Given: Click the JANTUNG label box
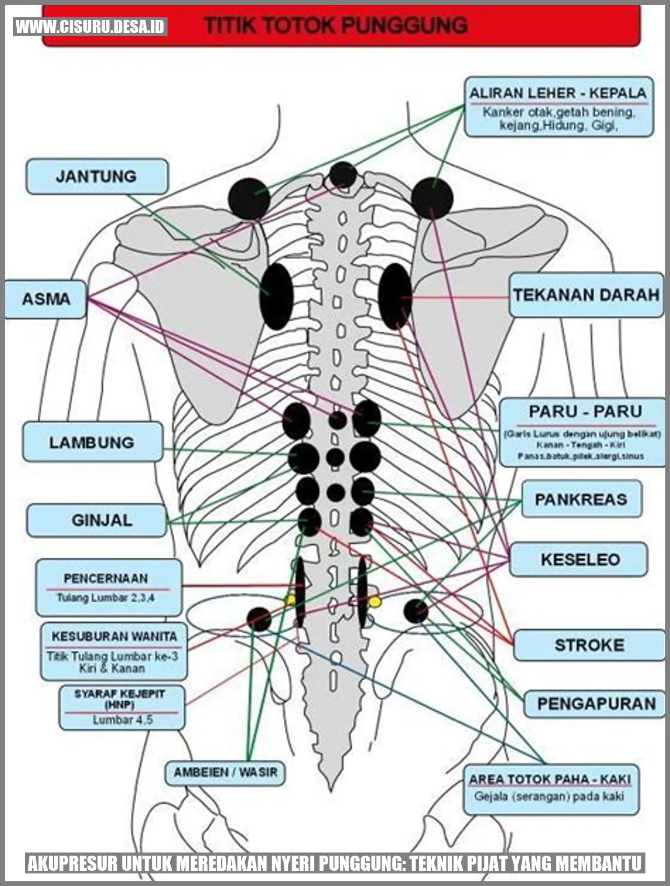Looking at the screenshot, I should coord(97,176).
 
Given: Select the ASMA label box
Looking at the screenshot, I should coord(46,299).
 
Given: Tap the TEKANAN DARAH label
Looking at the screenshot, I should coord(586,295).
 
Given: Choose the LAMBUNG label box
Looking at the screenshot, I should coord(92,442).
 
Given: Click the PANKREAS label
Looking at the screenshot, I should coord(581,499).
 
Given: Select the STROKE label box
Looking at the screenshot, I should coord(589,645).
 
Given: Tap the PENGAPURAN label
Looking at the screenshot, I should coord(596,703).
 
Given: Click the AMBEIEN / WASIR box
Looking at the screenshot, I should coord(226,772).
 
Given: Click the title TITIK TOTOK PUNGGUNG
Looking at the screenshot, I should coord(336,25).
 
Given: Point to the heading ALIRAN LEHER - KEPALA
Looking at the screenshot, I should coord(558,94).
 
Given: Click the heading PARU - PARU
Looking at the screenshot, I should coord(585,411).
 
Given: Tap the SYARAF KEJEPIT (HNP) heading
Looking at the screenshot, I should coord(120,699).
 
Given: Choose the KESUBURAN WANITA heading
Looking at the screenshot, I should coord(114,636).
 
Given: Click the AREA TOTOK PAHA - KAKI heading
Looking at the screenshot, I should coord(550,779).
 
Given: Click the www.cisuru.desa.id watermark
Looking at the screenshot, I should coord(90,26).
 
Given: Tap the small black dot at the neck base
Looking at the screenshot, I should coord(343,175).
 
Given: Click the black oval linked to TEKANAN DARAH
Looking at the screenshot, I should coord(395,296).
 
